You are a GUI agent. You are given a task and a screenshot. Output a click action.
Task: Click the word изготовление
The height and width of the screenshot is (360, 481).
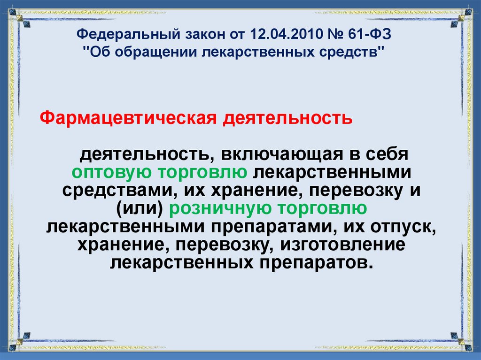tap(346, 244)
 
